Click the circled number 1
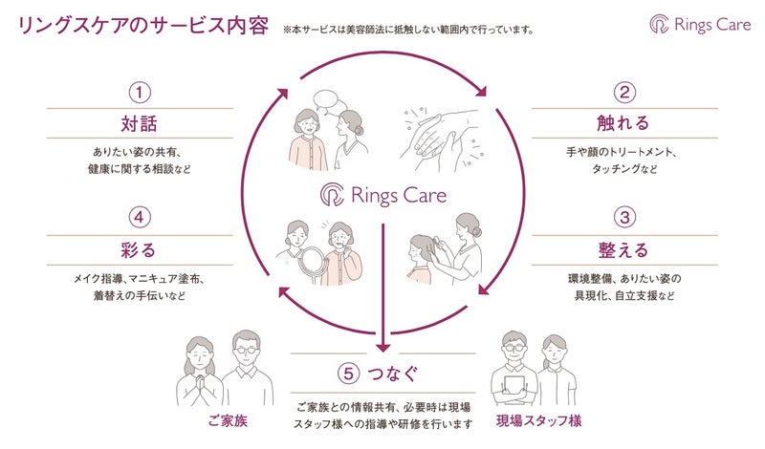(140, 93)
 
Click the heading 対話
(140, 124)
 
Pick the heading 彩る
(140, 250)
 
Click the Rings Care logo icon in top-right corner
(660, 25)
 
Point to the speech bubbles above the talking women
(326, 100)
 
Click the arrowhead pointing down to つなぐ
(382, 345)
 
